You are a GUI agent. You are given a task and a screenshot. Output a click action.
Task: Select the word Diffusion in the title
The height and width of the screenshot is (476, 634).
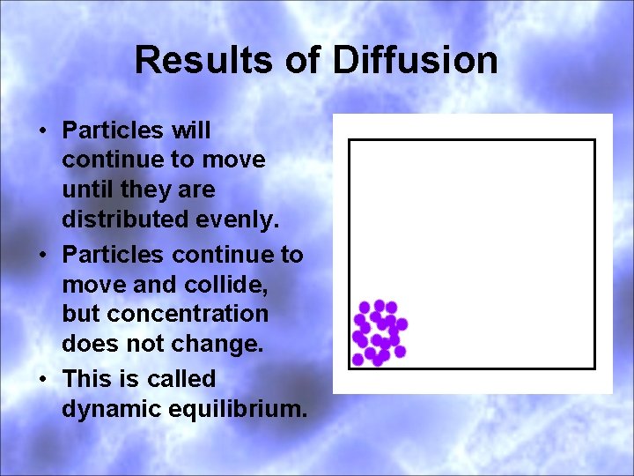[x=415, y=61]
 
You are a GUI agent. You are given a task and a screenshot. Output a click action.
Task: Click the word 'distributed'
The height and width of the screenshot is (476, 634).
[x=122, y=219]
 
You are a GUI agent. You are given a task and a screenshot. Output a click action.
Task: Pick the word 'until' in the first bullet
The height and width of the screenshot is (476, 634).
[x=88, y=190]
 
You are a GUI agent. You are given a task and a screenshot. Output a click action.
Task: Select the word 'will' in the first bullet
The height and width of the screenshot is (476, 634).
[x=191, y=130]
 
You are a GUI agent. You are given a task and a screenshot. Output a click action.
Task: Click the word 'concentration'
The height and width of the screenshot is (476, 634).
[x=165, y=314]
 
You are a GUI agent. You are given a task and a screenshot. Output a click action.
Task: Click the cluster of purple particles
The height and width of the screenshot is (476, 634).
[x=379, y=332]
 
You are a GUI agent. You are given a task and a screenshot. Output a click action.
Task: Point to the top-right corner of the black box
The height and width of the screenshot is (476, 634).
[x=594, y=141]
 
